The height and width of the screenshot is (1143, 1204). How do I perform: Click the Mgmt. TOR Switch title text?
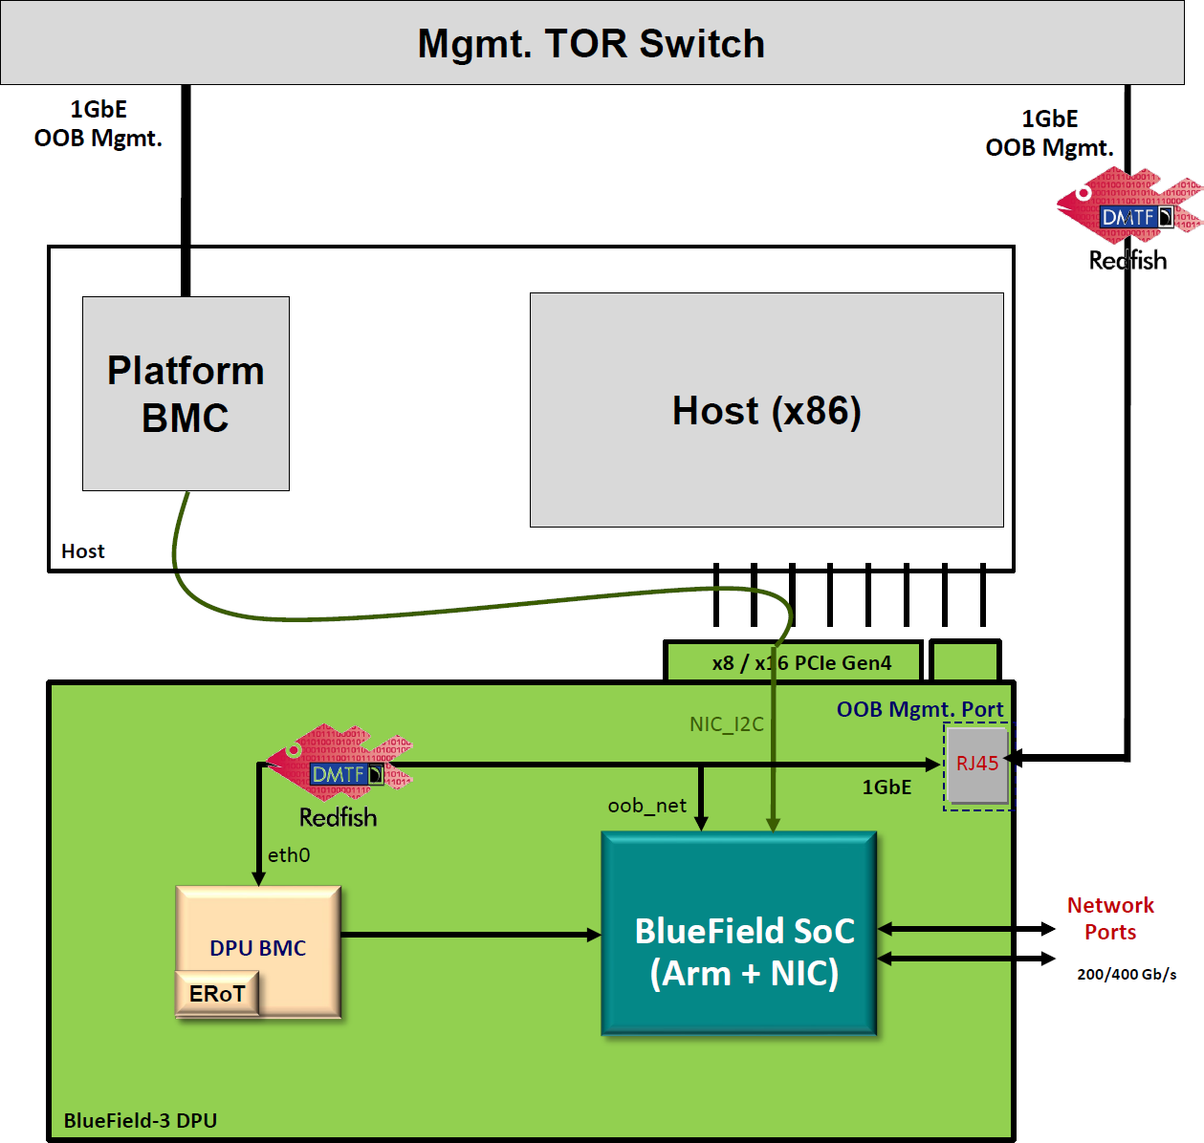click(x=591, y=44)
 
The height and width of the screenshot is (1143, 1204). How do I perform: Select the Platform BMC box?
click(x=186, y=394)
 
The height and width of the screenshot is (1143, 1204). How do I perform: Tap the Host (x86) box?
click(x=766, y=410)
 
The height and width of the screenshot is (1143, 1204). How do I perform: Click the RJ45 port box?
click(x=977, y=764)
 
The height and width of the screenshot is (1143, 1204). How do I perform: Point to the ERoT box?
click(x=217, y=994)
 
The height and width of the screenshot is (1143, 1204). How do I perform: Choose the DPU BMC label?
click(x=258, y=948)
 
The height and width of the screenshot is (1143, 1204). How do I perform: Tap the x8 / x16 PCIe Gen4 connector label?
click(x=801, y=662)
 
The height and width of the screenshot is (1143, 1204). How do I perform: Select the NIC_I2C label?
click(x=727, y=724)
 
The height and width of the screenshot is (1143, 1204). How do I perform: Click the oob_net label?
click(x=647, y=806)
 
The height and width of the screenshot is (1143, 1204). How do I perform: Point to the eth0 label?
click(x=289, y=855)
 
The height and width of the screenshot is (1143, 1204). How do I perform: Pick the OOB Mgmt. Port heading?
click(x=920, y=709)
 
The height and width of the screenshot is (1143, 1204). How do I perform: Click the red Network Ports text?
click(x=1110, y=918)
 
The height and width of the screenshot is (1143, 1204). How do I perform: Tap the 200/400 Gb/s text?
click(x=1127, y=975)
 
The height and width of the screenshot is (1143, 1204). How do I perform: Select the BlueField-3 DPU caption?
click(x=141, y=1120)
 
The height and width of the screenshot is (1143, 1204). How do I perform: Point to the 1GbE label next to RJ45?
click(x=887, y=787)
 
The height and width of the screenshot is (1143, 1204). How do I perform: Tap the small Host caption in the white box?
click(x=83, y=551)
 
